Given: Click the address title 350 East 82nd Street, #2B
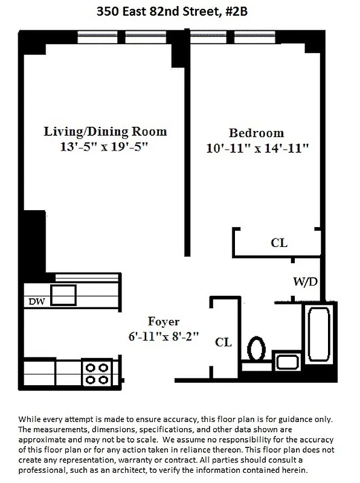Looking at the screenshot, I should coord(179,10).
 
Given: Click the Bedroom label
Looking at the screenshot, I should coord(256,133).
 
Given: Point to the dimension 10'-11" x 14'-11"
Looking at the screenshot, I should coord(256,149).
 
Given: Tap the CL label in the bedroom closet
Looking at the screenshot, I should coord(279,243).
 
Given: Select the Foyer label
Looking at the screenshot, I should coord(163,321).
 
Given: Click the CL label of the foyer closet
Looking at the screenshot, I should coord(223,342).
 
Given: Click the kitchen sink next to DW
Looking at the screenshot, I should coord(63,295).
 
